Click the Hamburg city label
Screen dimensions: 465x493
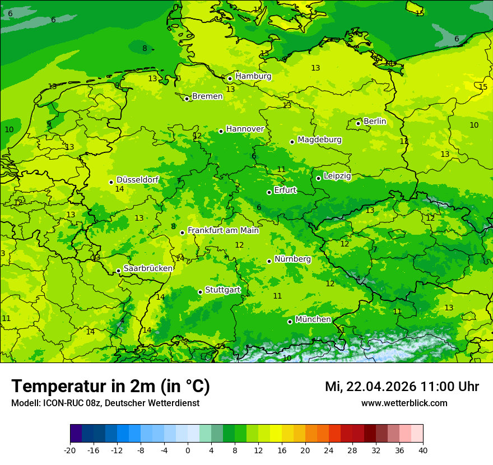(253, 76)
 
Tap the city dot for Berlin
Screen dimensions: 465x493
(359, 123)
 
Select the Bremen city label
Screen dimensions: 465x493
(207, 96)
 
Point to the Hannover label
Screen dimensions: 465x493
(245, 129)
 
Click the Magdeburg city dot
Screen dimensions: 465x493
(292, 142)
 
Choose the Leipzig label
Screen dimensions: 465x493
(337, 176)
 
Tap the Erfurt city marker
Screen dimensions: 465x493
(269, 192)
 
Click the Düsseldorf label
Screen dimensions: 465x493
(137, 180)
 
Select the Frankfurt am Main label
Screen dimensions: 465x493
(223, 230)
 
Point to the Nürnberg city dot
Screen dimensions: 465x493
(269, 261)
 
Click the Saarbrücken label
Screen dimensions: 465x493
(148, 268)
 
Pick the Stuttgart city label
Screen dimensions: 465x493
(223, 290)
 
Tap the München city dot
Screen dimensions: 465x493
(290, 322)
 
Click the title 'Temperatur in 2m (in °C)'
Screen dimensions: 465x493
(110, 387)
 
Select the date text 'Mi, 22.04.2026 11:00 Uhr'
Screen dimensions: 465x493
(402, 387)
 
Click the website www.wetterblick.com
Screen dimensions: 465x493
(404, 403)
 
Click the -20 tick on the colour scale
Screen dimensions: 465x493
(70, 450)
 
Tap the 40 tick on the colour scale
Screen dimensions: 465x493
(423, 450)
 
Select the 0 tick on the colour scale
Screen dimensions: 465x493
(188, 450)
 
